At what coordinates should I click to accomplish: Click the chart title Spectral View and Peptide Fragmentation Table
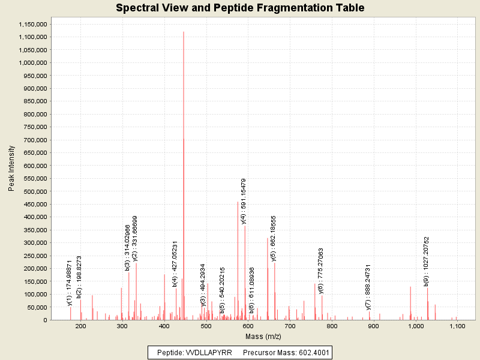(x=240, y=8)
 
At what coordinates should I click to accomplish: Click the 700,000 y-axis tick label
(x=33, y=140)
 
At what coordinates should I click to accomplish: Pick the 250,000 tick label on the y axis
(x=33, y=256)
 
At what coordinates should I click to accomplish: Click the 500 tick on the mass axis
(x=206, y=326)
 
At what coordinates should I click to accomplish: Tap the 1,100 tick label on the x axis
(x=457, y=326)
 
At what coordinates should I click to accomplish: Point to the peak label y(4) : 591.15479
(x=244, y=201)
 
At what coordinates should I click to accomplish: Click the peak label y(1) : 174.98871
(x=70, y=283)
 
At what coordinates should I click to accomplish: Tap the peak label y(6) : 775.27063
(x=321, y=271)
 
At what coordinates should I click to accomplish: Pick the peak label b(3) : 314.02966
(x=128, y=247)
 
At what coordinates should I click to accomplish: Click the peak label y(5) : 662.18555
(x=274, y=238)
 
